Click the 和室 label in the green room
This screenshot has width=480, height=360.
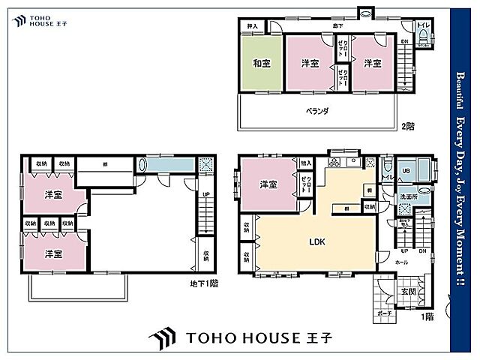tap(261, 63)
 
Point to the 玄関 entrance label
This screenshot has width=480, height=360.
tap(408, 291)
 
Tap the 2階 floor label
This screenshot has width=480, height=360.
tap(407, 127)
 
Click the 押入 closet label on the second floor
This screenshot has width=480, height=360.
tap(252, 26)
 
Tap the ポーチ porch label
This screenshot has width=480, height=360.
tap(385, 314)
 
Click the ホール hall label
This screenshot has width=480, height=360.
tap(402, 262)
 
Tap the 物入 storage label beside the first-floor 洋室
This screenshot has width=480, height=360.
tap(305, 163)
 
